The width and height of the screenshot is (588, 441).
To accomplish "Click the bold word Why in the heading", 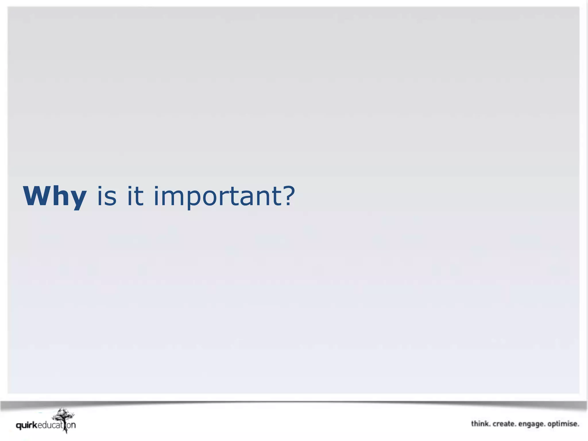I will point(55,196).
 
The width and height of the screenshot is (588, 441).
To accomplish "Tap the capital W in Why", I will point(36,196).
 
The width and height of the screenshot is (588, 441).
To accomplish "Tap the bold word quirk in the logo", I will point(26,425).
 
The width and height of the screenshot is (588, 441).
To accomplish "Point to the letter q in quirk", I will point(19,426).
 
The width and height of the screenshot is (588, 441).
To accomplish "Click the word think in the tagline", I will point(481,424).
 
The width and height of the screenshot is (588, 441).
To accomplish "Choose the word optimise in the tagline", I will point(563,424).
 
